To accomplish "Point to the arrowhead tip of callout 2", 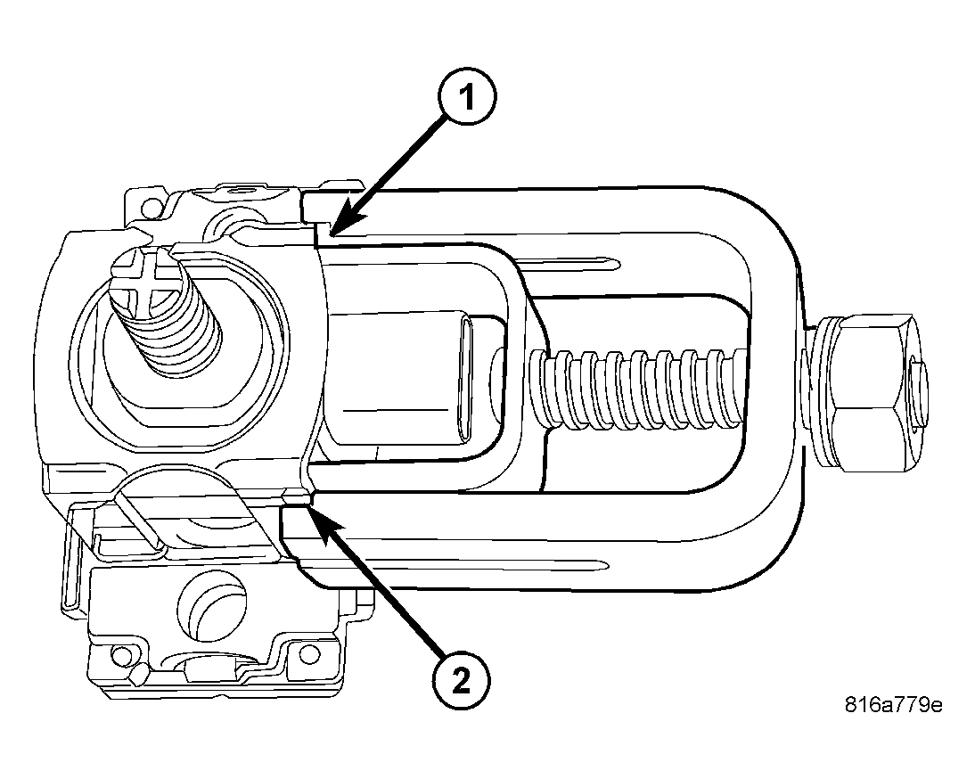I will [x=309, y=507].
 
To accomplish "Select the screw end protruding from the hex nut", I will [x=918, y=392].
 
